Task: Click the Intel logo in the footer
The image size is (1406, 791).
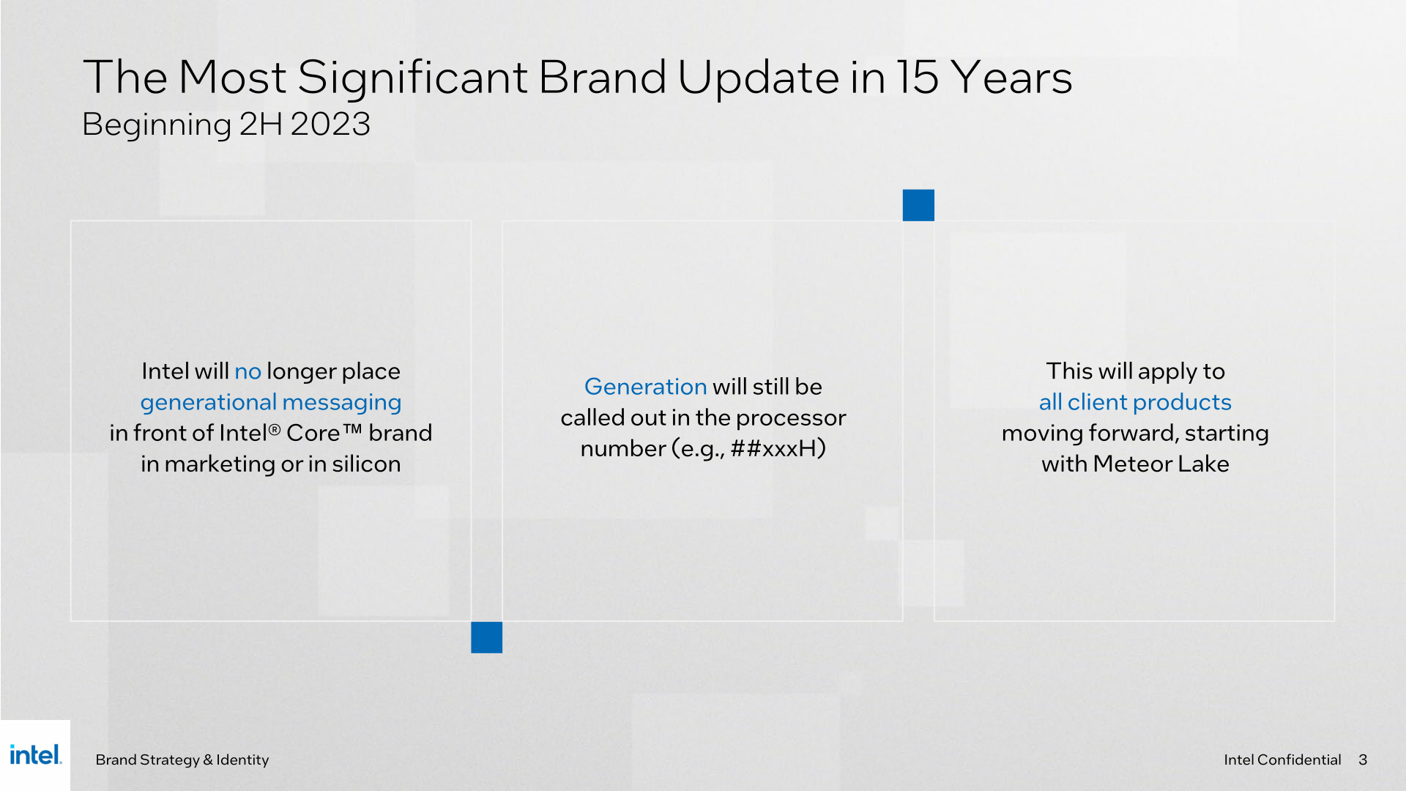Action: [x=36, y=754]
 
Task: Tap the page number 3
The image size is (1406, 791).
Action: [x=1363, y=760]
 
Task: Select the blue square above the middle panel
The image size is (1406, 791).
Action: [x=918, y=205]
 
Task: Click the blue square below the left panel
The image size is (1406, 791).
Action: [x=486, y=637]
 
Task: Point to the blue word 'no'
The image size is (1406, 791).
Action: [x=248, y=371]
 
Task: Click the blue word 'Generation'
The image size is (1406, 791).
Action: [x=645, y=386]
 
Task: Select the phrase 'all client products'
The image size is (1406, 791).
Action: [x=1135, y=402]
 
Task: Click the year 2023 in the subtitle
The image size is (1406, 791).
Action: [x=330, y=124]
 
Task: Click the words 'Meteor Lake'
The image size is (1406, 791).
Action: [x=1161, y=464]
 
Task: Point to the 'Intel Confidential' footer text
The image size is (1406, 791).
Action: [x=1282, y=760]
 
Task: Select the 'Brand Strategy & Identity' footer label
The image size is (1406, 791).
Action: [x=182, y=760]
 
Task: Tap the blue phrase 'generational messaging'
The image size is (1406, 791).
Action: [x=271, y=403]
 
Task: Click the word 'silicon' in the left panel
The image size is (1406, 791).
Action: [x=366, y=464]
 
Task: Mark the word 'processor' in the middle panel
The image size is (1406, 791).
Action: [x=791, y=418]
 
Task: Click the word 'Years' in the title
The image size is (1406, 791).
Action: [x=1011, y=77]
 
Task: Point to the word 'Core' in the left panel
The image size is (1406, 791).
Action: [x=313, y=433]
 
